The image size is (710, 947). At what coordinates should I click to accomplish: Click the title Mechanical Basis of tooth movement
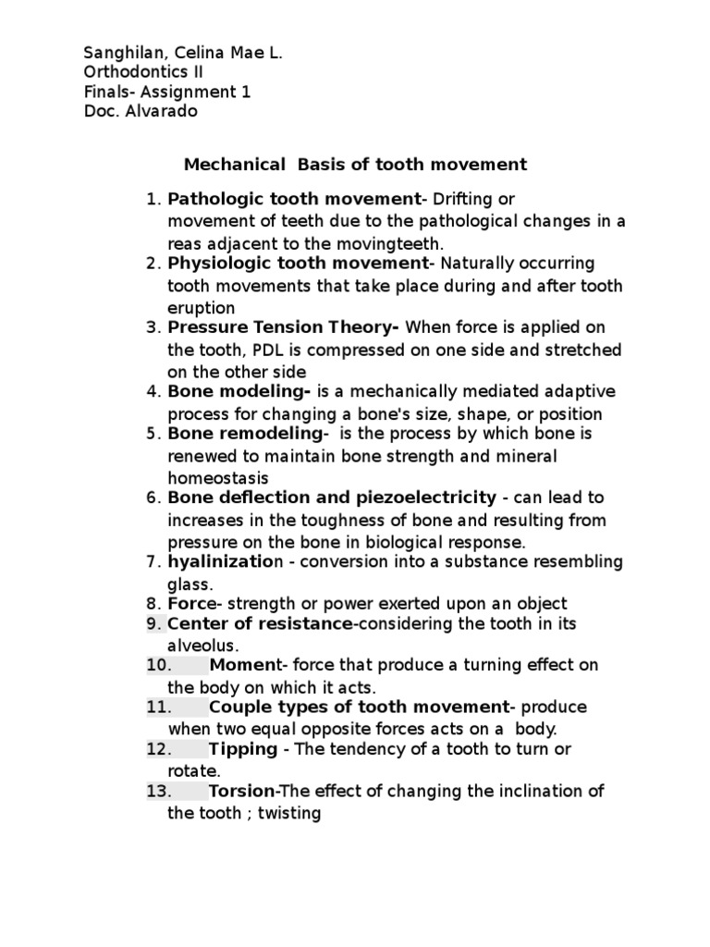pyautogui.click(x=355, y=165)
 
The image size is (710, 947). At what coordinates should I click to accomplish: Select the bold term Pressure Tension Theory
pyautogui.click(x=283, y=327)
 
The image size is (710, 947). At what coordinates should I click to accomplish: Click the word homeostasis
pyautogui.click(x=218, y=477)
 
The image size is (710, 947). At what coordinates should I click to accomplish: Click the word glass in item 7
pyautogui.click(x=189, y=584)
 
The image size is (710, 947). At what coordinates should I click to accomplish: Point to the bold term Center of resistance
pyautogui.click(x=259, y=624)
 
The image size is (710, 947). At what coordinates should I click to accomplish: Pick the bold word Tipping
pyautogui.click(x=243, y=748)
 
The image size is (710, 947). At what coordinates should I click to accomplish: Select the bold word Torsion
pyautogui.click(x=242, y=791)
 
